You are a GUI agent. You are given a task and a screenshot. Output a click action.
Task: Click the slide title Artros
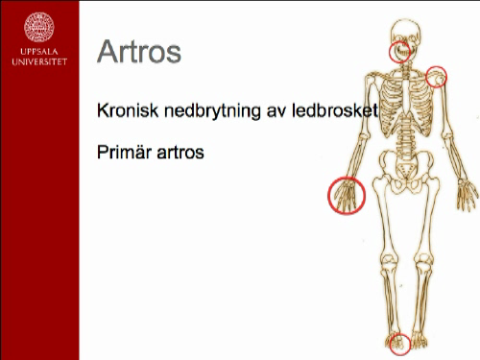point(139,51)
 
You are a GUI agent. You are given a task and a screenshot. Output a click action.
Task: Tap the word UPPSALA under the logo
point(39,54)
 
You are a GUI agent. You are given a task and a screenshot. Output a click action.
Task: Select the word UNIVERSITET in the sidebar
point(39,63)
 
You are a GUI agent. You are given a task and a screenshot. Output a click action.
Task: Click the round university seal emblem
point(39,25)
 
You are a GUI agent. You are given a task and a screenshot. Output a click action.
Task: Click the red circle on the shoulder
point(436,75)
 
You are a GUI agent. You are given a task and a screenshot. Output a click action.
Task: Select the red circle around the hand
point(346,195)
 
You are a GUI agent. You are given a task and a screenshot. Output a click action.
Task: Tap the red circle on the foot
point(399,342)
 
